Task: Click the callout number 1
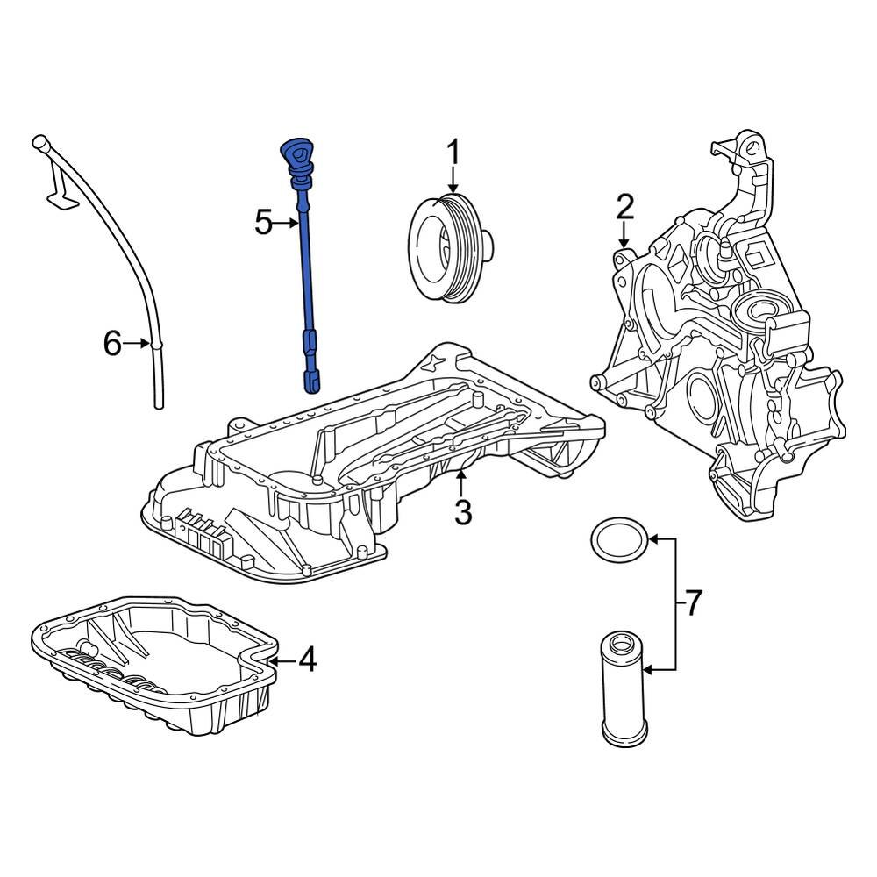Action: (x=453, y=153)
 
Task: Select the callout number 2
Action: (x=624, y=207)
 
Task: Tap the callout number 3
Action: (x=463, y=511)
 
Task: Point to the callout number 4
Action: (x=306, y=659)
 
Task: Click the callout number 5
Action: (x=264, y=223)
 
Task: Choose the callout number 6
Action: (x=111, y=344)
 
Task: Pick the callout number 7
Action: (x=692, y=602)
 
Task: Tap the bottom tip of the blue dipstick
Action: (x=312, y=380)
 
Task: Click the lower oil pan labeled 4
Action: (x=153, y=671)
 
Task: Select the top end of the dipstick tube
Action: (x=38, y=141)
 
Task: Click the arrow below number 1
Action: (x=453, y=182)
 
